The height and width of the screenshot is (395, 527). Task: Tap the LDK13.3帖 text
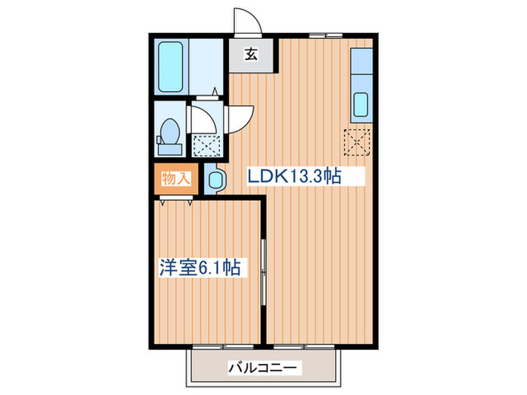pos(295,177)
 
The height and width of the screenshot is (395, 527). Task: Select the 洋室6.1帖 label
pos(200,267)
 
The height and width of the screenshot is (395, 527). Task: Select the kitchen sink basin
pos(360,104)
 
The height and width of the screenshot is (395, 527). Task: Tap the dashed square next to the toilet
pos(205,144)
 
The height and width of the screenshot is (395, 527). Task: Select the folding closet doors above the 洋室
pos(177,199)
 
